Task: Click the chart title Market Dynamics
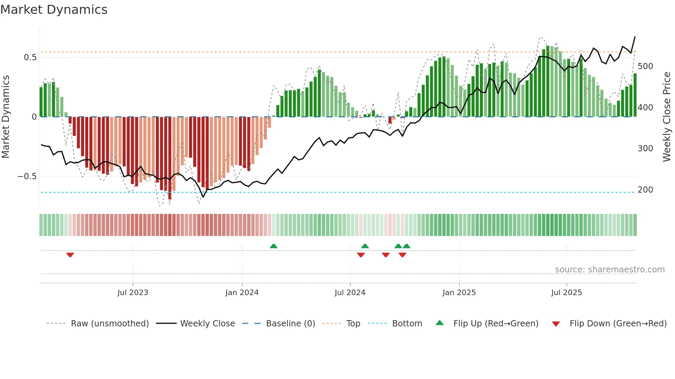[x=54, y=10]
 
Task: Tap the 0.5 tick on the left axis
[x=30, y=57]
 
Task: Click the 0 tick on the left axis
[x=34, y=117]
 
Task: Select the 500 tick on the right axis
[x=645, y=66]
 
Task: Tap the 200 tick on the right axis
[x=645, y=190]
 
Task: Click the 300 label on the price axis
[x=645, y=149]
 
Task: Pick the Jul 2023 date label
[x=133, y=293]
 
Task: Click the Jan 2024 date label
[x=242, y=293]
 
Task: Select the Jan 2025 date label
[x=459, y=293]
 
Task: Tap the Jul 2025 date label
[x=566, y=293]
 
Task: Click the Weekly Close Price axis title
[x=667, y=117]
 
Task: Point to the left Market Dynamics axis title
[x=6, y=117]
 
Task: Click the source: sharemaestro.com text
[x=610, y=270]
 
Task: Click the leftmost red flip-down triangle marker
[x=70, y=255]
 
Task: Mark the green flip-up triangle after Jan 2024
[x=273, y=246]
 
